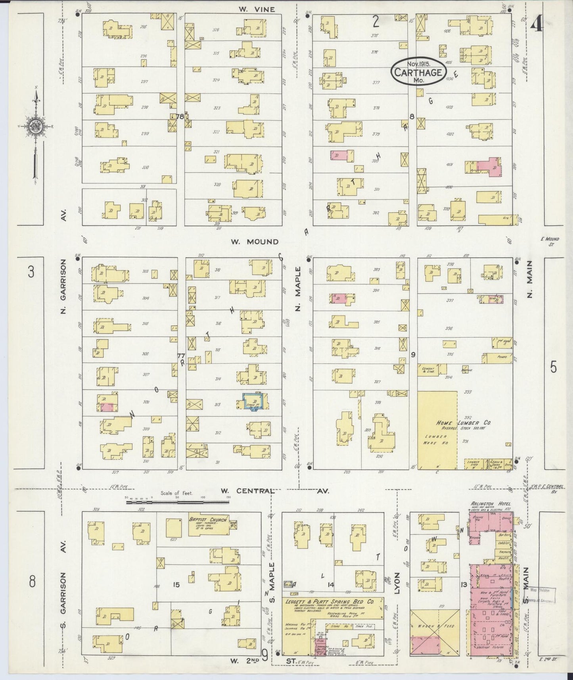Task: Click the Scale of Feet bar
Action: pos(177,502)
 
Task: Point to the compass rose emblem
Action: pos(35,126)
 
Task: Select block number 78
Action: pos(180,117)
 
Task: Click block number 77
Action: pos(181,355)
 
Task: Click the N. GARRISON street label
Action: pos(63,286)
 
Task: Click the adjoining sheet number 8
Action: pos(32,582)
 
